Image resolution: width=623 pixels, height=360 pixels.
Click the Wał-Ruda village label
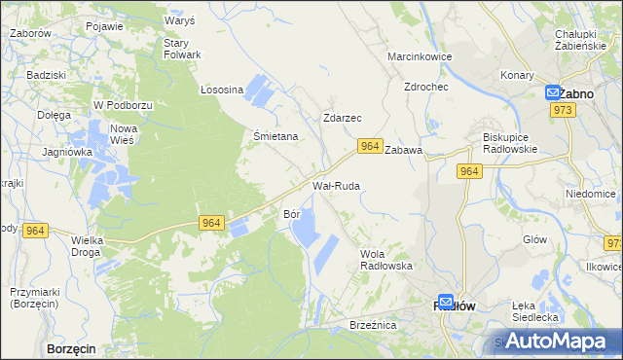point(336,185)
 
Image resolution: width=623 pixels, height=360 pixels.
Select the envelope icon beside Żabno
point(553,93)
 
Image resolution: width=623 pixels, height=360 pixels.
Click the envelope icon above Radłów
point(446,303)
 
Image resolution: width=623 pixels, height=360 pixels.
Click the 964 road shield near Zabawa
point(369,146)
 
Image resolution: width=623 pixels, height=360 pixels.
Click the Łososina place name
point(221,90)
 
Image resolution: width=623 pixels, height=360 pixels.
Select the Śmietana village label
point(275,137)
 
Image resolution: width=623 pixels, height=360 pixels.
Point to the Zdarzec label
point(343,118)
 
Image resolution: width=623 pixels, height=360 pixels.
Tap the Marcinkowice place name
point(420,57)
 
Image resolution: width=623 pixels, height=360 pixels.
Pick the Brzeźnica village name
point(374,326)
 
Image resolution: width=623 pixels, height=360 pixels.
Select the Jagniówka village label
point(67,152)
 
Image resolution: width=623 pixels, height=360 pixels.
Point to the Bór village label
point(291,212)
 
